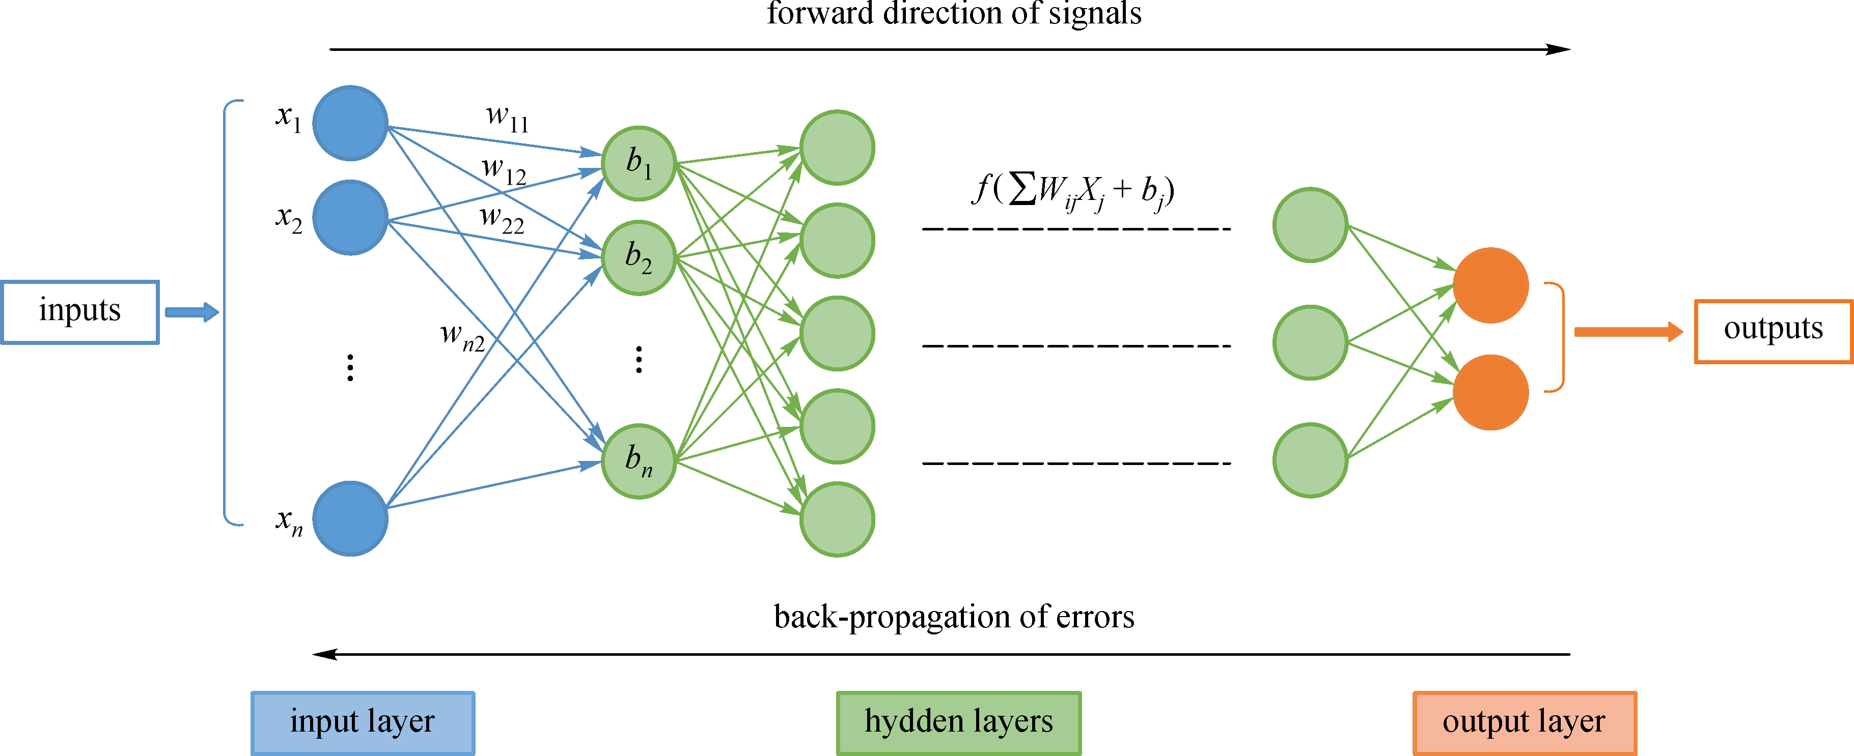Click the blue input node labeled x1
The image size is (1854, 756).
coord(350,123)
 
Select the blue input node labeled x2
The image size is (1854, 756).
coord(350,217)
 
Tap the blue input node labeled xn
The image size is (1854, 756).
coord(350,518)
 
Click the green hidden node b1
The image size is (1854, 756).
coord(639,163)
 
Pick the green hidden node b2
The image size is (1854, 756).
coord(639,257)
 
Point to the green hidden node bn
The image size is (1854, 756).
coord(639,461)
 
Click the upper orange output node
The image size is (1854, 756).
coord(1490,285)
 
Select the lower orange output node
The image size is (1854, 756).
coord(1490,392)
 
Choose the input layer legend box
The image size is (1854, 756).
coord(363,722)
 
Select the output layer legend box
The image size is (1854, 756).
coord(1525,722)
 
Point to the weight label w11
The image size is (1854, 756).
coord(507,119)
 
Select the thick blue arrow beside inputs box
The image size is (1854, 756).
coord(191,312)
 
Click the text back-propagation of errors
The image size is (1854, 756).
coord(954,617)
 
